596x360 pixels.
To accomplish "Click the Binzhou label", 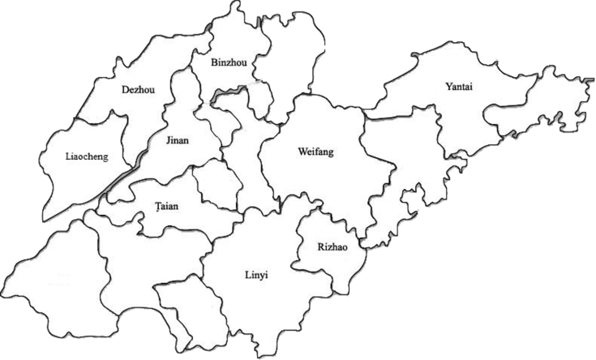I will click(227, 62).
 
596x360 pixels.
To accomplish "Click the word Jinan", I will click(177, 140).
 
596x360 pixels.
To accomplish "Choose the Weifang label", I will click(315, 152).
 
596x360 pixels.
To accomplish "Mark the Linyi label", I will click(256, 276).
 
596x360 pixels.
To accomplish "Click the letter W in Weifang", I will click(302, 152).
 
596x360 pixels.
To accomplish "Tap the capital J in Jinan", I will click(167, 140).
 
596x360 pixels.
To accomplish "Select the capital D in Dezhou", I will click(123, 89).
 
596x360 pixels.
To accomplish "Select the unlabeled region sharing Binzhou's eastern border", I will click(288, 65).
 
